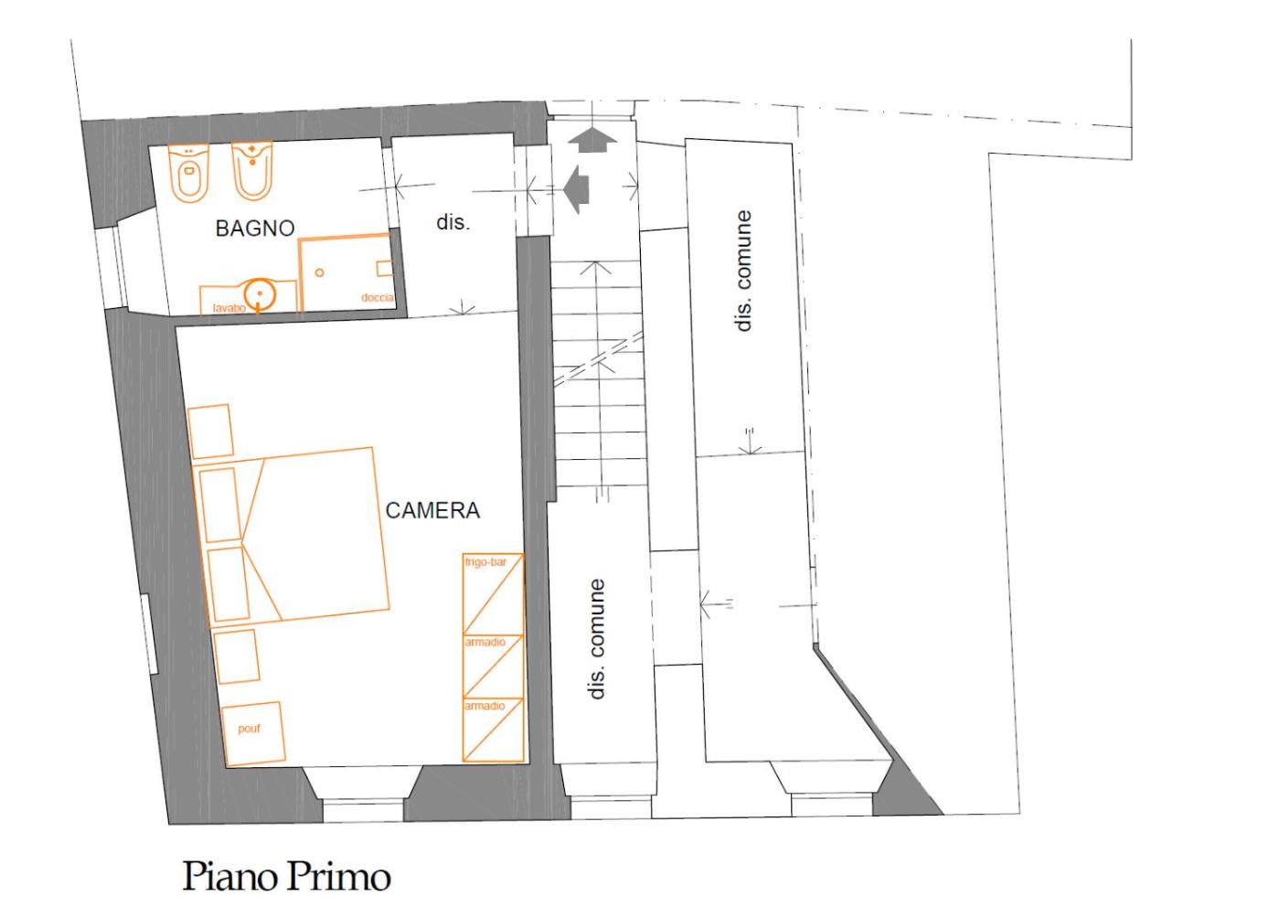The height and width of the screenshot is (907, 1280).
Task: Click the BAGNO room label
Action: click(255, 229)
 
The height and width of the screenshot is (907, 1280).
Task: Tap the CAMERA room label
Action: click(432, 510)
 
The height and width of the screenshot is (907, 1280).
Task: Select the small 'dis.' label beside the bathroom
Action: click(453, 222)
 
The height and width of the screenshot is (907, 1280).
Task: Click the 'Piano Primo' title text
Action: click(287, 876)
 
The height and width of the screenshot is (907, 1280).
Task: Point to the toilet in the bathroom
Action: click(189, 173)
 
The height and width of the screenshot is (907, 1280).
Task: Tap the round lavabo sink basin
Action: click(260, 295)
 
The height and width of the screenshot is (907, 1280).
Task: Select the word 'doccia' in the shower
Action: click(377, 297)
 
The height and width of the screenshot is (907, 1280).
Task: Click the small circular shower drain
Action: click(319, 272)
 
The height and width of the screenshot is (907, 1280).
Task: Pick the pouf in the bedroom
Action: click(253, 734)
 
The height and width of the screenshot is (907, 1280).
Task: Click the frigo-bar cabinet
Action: click(493, 593)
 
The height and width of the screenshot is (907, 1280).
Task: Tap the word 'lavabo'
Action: click(229, 308)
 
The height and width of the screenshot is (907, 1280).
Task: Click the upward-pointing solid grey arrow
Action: click(592, 140)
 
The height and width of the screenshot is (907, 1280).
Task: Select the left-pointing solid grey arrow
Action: click(576, 189)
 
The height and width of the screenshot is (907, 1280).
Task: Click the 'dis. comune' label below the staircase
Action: click(596, 639)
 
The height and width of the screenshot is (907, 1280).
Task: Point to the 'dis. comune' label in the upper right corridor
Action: click(742, 271)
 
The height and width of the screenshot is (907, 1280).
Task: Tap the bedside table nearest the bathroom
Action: click(210, 432)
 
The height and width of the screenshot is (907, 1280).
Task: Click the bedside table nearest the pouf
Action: click(237, 656)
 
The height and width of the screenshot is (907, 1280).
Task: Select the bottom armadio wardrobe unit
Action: click(493, 730)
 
